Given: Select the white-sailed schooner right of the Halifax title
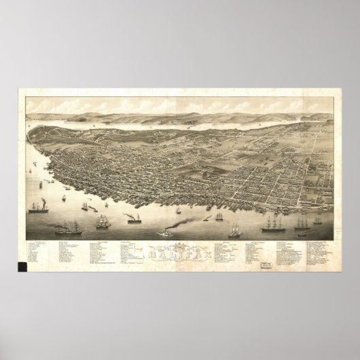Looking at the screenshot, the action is tap(235, 230).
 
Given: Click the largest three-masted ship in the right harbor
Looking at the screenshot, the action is tap(280, 217).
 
